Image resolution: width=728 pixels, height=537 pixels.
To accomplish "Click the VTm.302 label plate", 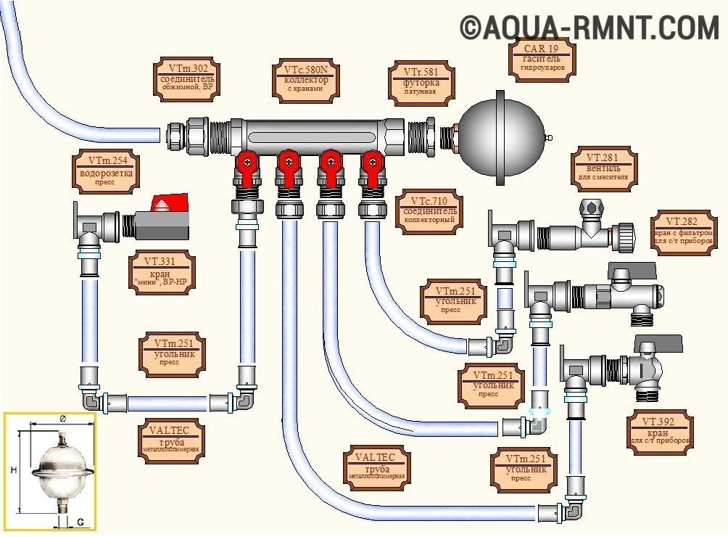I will click(186, 78).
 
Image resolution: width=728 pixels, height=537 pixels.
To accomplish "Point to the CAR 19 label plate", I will click(542, 59).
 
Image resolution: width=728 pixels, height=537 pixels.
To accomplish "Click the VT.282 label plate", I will click(684, 231).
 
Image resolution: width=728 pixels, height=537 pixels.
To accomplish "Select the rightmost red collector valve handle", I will click(371, 162).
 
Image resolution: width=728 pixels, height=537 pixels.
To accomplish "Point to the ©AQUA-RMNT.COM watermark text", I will click(589, 28).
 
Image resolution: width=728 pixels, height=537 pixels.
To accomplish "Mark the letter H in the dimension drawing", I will click(13, 471).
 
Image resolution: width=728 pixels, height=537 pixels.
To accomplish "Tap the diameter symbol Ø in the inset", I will click(62, 419).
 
